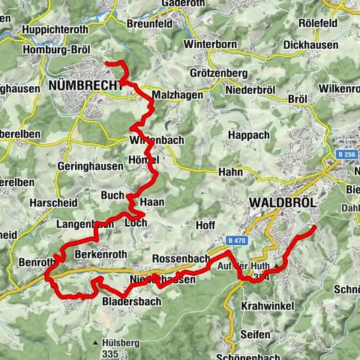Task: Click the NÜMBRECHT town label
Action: click(85, 86)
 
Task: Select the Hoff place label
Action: click(205, 225)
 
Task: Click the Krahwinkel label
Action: click(268, 307)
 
